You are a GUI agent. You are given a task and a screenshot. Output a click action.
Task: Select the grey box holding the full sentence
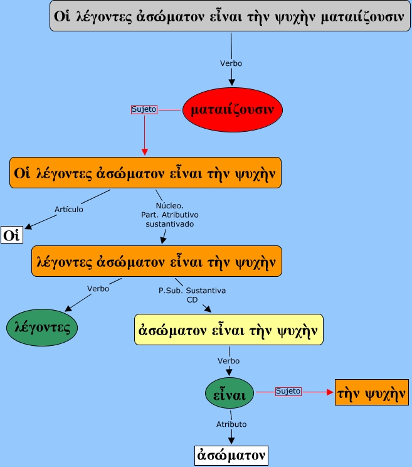230,16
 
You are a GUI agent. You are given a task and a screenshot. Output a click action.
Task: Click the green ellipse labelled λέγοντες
42,327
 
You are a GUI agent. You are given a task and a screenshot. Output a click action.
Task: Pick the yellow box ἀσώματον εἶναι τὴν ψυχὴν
229,329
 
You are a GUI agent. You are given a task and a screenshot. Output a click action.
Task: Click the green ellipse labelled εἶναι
230,393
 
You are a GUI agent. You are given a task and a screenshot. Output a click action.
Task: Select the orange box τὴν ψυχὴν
372,392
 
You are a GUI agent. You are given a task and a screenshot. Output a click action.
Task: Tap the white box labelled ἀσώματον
229,454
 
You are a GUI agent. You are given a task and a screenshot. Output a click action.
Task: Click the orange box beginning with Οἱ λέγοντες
145,172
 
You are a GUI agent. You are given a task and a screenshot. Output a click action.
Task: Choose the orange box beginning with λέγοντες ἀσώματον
156,261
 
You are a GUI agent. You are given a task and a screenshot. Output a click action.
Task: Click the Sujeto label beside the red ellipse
144,109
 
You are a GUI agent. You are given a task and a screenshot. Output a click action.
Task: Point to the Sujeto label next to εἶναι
288,391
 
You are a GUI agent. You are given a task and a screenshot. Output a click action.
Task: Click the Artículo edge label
68,209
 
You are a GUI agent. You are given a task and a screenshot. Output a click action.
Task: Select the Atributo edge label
231,424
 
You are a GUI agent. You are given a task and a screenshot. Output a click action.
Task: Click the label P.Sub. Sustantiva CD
192,295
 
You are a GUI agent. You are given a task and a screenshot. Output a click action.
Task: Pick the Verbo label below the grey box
231,63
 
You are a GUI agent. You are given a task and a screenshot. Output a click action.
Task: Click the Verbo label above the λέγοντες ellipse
98,289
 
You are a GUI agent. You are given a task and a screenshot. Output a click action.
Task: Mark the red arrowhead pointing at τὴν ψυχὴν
330,392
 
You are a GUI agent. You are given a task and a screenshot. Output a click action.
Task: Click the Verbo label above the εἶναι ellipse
228,361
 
